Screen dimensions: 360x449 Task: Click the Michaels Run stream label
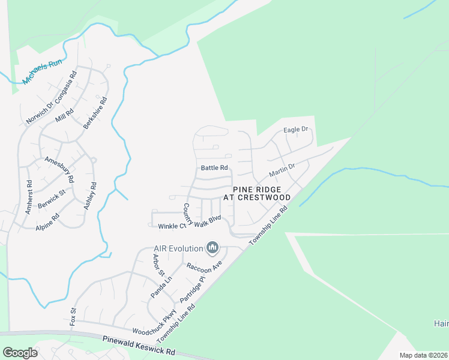click(42, 72)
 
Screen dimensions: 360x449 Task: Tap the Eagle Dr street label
click(295, 130)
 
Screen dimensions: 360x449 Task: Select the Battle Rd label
click(215, 168)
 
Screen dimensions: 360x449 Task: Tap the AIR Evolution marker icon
click(212, 247)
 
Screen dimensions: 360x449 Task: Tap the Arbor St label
click(158, 265)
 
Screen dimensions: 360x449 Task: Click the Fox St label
click(74, 316)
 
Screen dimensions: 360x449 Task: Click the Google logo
click(20, 353)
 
